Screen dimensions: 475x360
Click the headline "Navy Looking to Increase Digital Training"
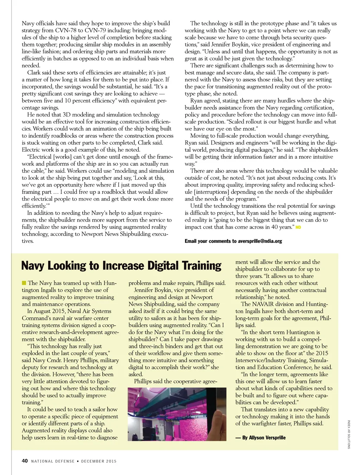(121, 266)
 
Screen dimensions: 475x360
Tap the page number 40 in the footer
(25, 461)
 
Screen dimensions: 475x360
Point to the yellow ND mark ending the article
(298, 227)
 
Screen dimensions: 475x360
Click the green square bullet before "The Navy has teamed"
(24, 283)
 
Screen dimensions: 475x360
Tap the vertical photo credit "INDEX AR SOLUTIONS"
(349, 434)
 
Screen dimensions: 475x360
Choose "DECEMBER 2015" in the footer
(99, 461)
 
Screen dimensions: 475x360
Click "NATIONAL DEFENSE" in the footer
(53, 461)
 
